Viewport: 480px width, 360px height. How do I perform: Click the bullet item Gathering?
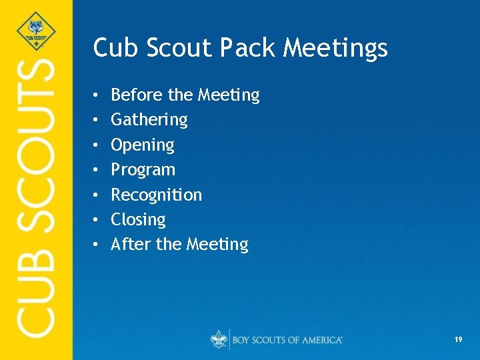(x=149, y=120)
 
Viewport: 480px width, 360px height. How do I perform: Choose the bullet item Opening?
(x=142, y=145)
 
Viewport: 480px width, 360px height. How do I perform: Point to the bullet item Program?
(x=143, y=170)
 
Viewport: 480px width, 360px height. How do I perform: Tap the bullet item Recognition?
(x=156, y=195)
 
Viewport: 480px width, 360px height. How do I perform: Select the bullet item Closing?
(x=138, y=219)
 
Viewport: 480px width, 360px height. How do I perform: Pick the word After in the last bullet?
(x=131, y=245)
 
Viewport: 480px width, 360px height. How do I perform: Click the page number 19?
(x=458, y=340)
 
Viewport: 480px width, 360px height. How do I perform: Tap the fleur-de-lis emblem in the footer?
(x=219, y=339)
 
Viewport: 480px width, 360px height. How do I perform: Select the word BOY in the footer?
(x=242, y=340)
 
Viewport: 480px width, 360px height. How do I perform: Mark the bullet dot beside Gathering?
(x=96, y=121)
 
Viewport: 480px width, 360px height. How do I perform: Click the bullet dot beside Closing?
(x=96, y=220)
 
